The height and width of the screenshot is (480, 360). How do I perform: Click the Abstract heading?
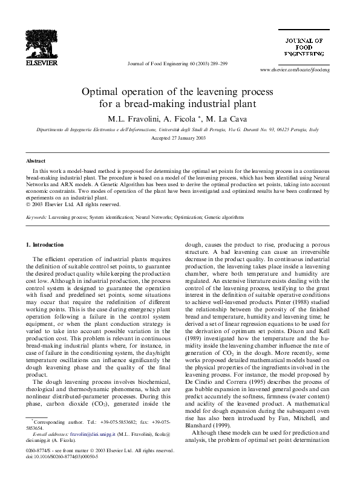coord(35,161)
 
